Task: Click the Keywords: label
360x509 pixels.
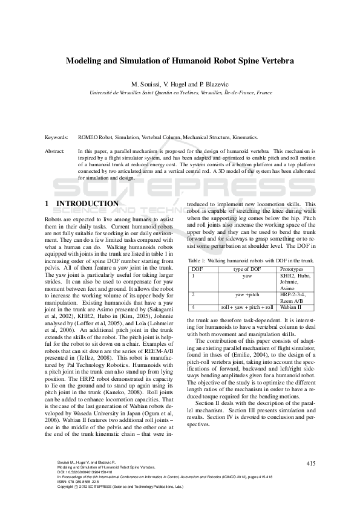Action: coord(58,137)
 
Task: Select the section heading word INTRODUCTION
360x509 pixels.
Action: coord(87,204)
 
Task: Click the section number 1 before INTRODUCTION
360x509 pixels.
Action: coord(48,204)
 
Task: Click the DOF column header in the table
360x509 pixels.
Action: coord(197,268)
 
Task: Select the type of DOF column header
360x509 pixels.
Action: coord(247,268)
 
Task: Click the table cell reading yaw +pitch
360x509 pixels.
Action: coord(247,294)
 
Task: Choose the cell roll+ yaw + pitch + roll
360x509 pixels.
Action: coord(247,307)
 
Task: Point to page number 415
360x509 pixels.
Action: coord(311,463)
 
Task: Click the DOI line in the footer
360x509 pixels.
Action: coord(84,472)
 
